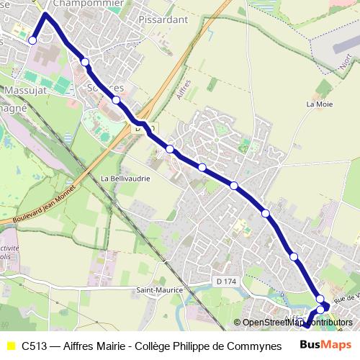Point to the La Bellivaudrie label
click(x=125, y=178)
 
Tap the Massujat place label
click(x=24, y=92)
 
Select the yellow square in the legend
click(x=10, y=345)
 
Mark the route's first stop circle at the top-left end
click(x=32, y=40)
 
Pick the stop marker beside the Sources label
click(x=116, y=100)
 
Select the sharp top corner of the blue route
click(x=46, y=14)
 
